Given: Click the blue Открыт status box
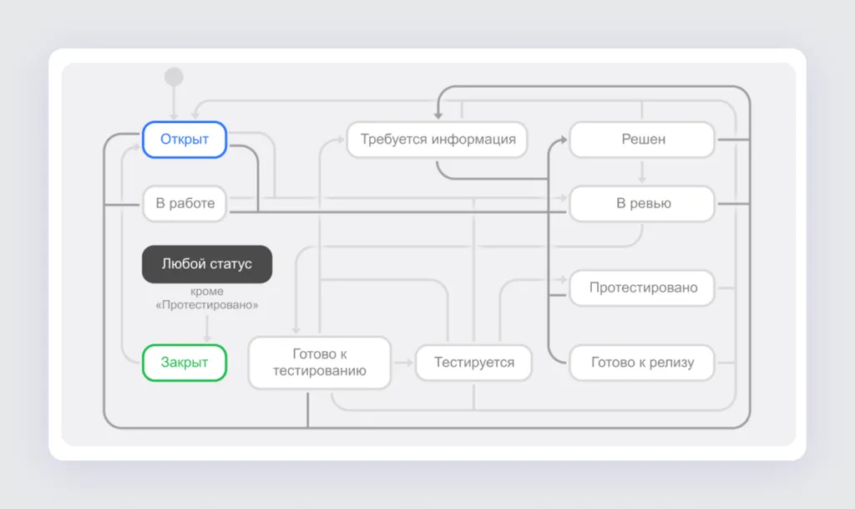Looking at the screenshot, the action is point(185,140).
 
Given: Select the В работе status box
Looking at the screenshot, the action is point(185,203).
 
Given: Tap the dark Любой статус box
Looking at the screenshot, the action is point(207,264).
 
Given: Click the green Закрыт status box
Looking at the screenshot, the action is point(185,362).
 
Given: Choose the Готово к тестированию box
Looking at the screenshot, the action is point(320,363).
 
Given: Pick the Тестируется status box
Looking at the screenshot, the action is point(474,362).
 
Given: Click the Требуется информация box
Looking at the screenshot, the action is point(438,140).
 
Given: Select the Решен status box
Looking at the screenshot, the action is point(642,140).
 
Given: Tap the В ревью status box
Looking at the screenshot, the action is point(642,203).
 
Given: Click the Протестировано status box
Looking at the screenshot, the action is point(642,288).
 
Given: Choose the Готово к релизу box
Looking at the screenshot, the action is point(642,362).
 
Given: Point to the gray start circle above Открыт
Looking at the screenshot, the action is point(174,77).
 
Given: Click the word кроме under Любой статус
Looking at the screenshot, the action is point(207,292).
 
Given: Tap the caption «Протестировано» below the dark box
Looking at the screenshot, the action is point(207,304).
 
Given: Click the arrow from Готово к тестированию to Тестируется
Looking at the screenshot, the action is point(403,362).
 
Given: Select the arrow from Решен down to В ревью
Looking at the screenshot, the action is point(642,172).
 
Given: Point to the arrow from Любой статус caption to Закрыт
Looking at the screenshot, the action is point(207,328).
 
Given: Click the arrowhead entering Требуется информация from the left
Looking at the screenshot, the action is point(341,140).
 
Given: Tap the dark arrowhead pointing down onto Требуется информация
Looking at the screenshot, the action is point(438,115).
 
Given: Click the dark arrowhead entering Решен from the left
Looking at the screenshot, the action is point(564,140).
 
